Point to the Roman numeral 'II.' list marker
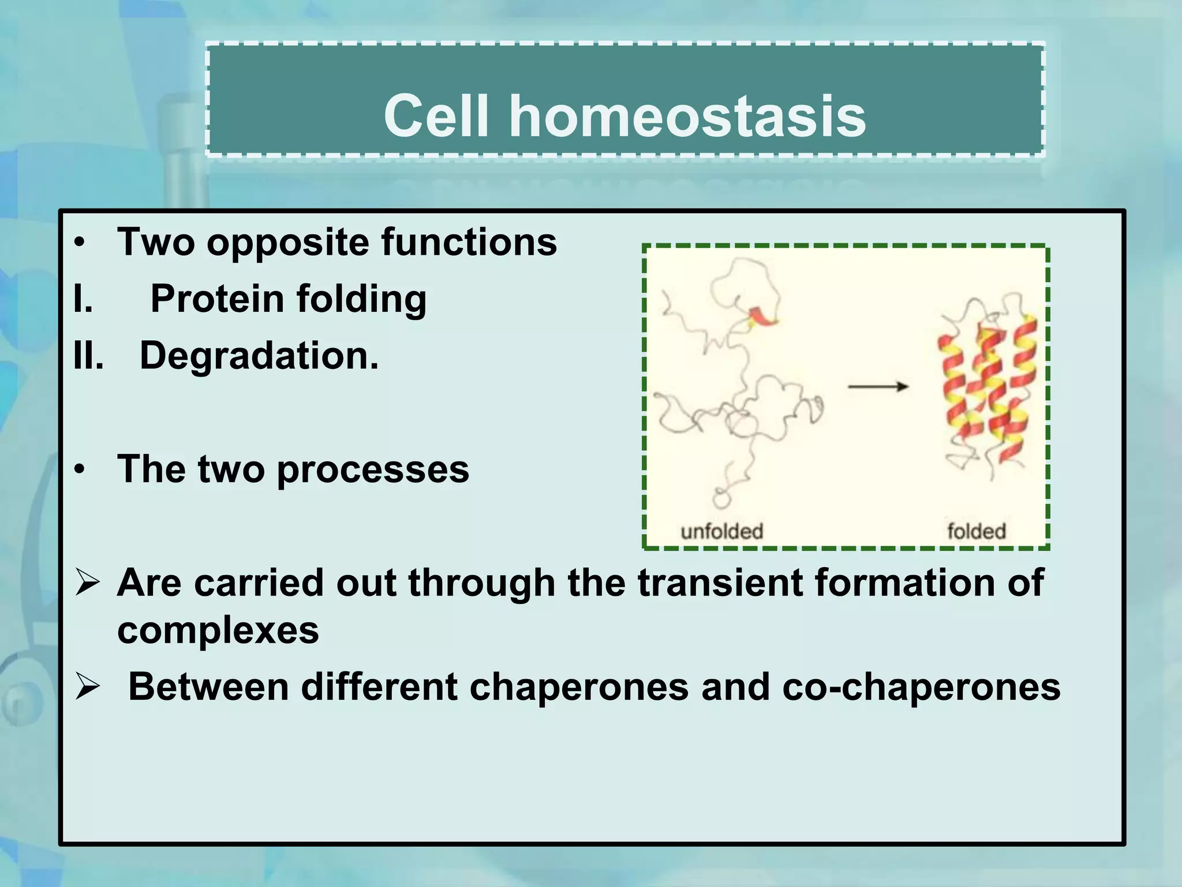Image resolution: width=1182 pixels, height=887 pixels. tap(88, 355)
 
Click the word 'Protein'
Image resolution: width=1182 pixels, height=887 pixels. tap(217, 299)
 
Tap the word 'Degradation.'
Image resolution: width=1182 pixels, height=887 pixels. tap(259, 355)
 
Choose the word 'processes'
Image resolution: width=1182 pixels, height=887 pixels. tap(373, 469)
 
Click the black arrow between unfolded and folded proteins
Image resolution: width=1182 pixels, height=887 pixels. tap(878, 386)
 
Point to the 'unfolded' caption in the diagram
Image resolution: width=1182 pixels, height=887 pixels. tap(721, 531)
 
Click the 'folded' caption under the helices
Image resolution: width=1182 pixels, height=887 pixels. tap(977, 531)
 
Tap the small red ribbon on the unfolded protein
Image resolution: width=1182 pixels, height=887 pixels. tap(762, 316)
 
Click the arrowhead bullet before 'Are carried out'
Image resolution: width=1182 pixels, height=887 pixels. tap(88, 583)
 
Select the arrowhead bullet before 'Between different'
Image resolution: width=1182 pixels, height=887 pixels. tap(88, 687)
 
